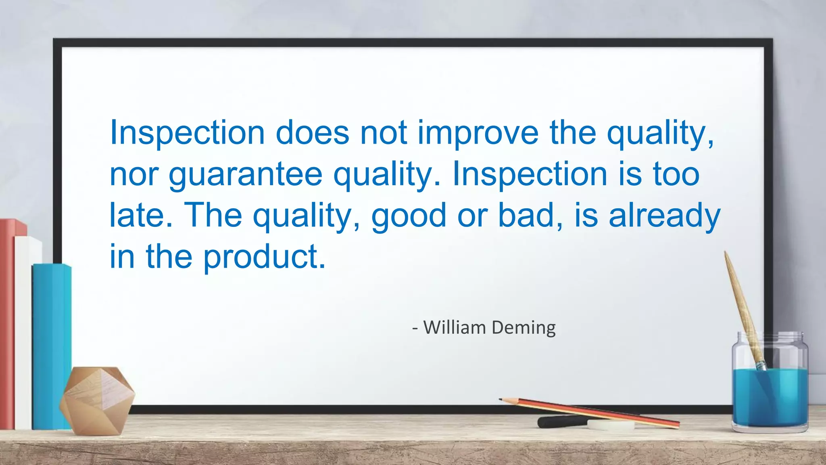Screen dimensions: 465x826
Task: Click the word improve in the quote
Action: [478, 133]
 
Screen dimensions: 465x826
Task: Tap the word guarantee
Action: [245, 174]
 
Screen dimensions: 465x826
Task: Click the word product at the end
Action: [264, 257]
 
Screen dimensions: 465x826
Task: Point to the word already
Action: [664, 216]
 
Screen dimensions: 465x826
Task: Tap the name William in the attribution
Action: [455, 327]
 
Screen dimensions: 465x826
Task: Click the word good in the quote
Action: [409, 216]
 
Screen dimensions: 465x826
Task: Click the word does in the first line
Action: [312, 133]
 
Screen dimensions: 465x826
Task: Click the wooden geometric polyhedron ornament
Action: [97, 400]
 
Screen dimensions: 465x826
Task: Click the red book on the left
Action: [7, 323]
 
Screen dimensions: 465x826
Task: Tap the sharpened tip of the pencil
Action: [501, 399]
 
